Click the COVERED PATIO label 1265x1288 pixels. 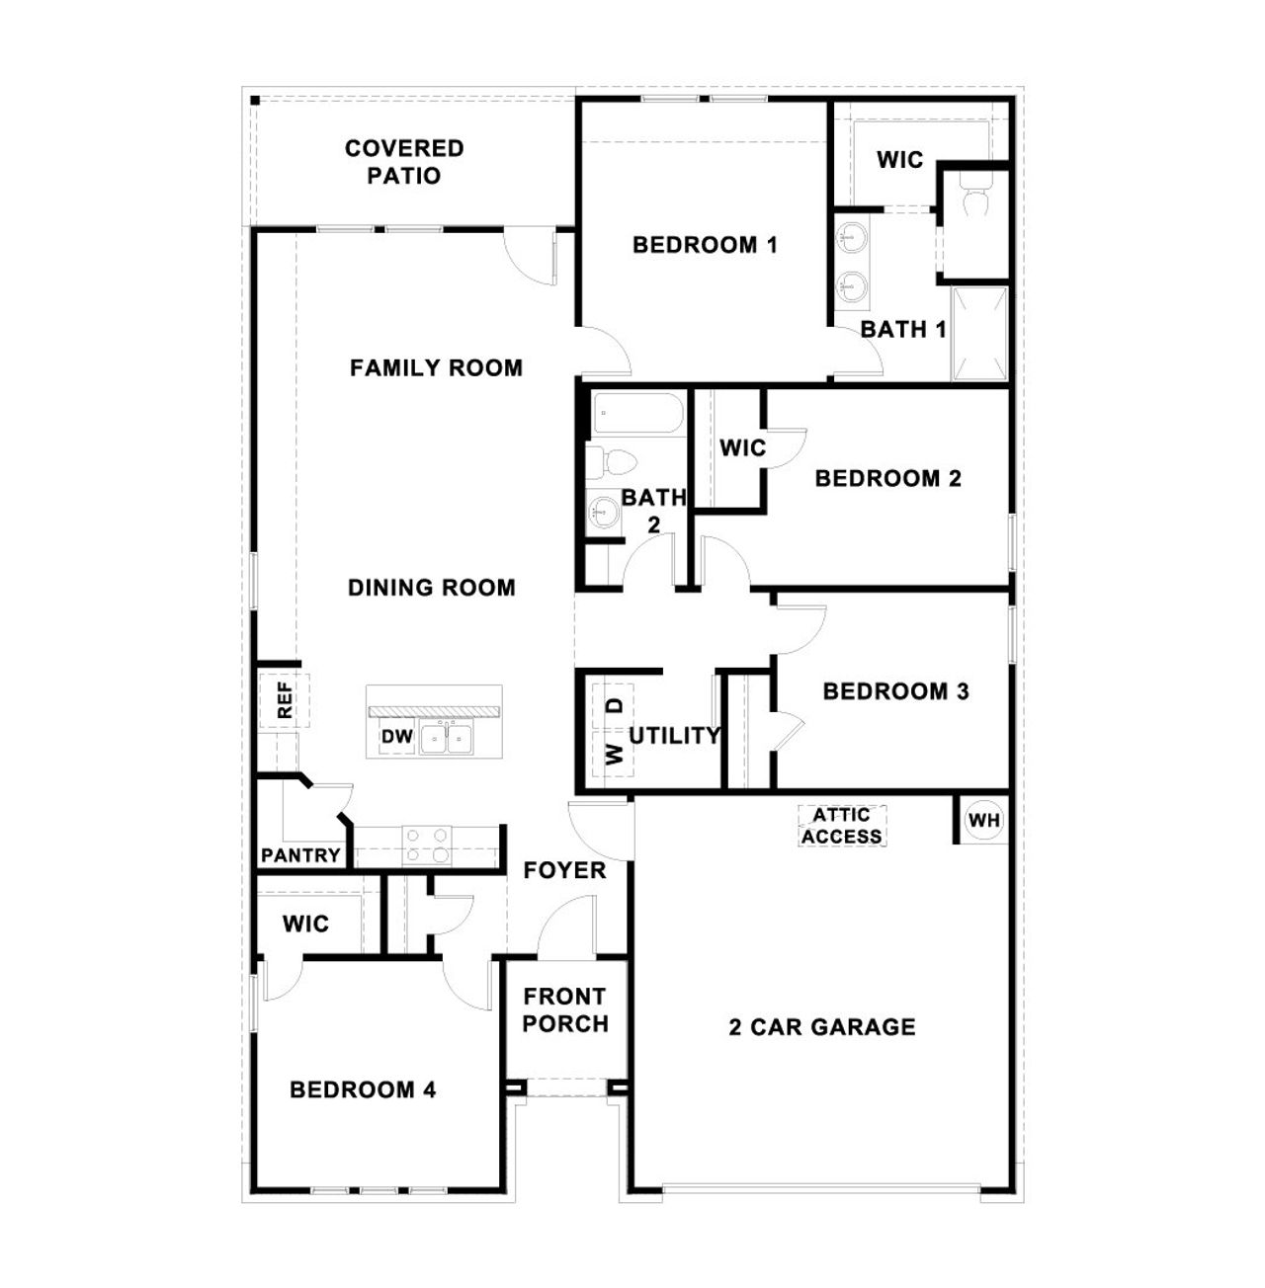404,162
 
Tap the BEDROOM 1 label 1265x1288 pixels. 705,245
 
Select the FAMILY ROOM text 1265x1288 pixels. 436,368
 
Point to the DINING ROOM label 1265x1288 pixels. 432,588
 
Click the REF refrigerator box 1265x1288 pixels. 285,700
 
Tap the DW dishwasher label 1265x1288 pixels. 396,737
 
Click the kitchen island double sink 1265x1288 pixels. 447,737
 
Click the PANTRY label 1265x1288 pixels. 300,855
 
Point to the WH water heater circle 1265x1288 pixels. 983,820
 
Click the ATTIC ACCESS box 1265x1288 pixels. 842,826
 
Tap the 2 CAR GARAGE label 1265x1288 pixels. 822,1027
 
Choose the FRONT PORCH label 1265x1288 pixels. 565,1009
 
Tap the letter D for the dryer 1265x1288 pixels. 615,706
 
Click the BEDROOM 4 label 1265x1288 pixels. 363,1090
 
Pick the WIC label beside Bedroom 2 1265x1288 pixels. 742,448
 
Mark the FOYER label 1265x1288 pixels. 564,870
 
